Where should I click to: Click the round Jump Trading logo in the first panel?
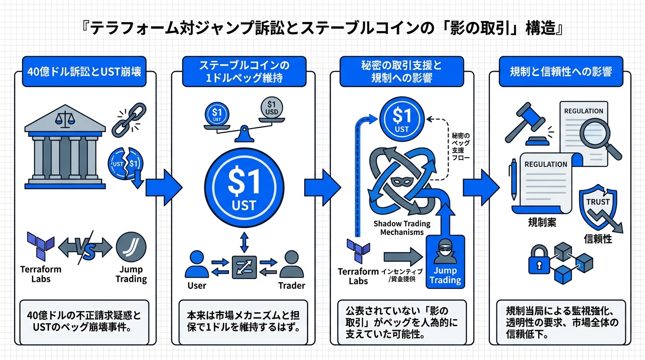point(131,247)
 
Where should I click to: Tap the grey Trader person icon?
point(291,265)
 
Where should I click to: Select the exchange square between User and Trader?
point(244,267)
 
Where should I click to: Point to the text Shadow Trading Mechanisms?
point(402,228)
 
